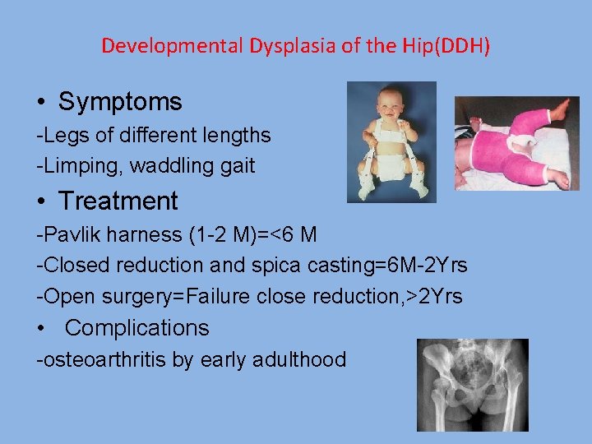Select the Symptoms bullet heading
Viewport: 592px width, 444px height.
tap(120, 102)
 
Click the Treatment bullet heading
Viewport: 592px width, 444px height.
tap(118, 201)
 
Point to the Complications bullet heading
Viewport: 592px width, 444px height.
tap(136, 327)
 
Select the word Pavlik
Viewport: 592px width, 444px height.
tap(67, 234)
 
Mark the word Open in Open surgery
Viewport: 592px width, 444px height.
tap(64, 297)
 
